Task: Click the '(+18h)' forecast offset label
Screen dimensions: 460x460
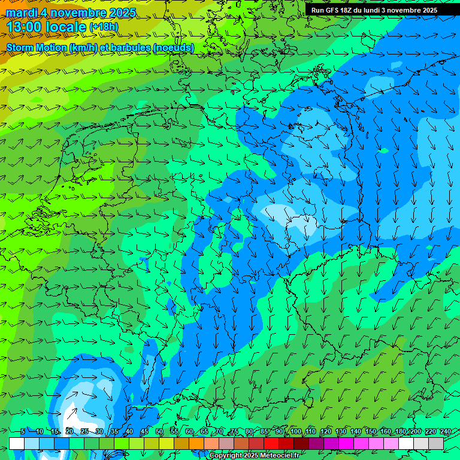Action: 104,27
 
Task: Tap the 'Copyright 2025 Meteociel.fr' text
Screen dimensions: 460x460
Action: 254,456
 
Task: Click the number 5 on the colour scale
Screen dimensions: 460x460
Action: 22,432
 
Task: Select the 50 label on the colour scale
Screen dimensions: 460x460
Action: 159,432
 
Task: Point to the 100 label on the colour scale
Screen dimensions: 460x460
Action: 296,432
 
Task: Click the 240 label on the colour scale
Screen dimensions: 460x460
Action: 446,432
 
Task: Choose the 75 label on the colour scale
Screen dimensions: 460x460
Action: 234,432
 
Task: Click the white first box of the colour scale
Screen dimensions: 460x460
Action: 17,443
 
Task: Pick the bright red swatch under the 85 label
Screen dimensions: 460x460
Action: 271,443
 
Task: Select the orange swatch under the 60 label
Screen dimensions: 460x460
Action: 181,443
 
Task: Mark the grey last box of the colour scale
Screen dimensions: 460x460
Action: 436,443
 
